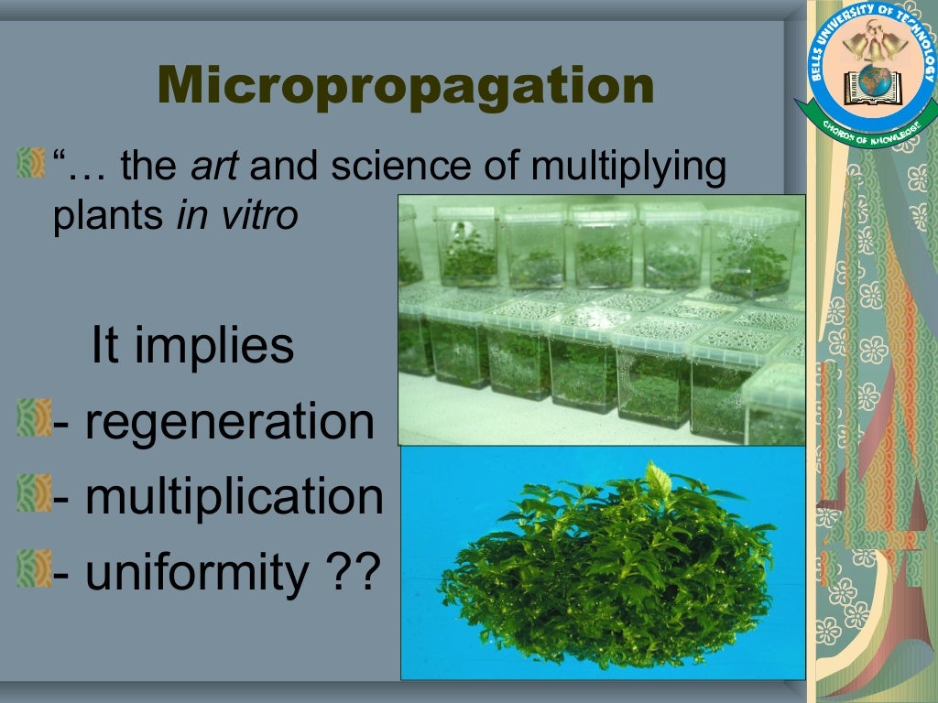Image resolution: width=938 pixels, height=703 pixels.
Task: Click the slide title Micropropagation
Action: pos(406,86)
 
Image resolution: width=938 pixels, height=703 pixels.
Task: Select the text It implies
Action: pos(192,346)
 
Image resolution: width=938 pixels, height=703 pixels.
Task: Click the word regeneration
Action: pos(228,422)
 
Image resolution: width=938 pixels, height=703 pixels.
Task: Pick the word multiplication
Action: pos(233,497)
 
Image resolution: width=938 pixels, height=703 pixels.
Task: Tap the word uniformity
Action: pos(197,572)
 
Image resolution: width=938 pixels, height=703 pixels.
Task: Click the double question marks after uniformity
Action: pos(352,572)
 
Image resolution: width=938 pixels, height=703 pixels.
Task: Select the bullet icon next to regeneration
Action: pos(30,420)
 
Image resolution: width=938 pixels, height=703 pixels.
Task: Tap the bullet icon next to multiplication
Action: pos(30,495)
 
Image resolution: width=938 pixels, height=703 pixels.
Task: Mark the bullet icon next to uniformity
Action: pos(30,570)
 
